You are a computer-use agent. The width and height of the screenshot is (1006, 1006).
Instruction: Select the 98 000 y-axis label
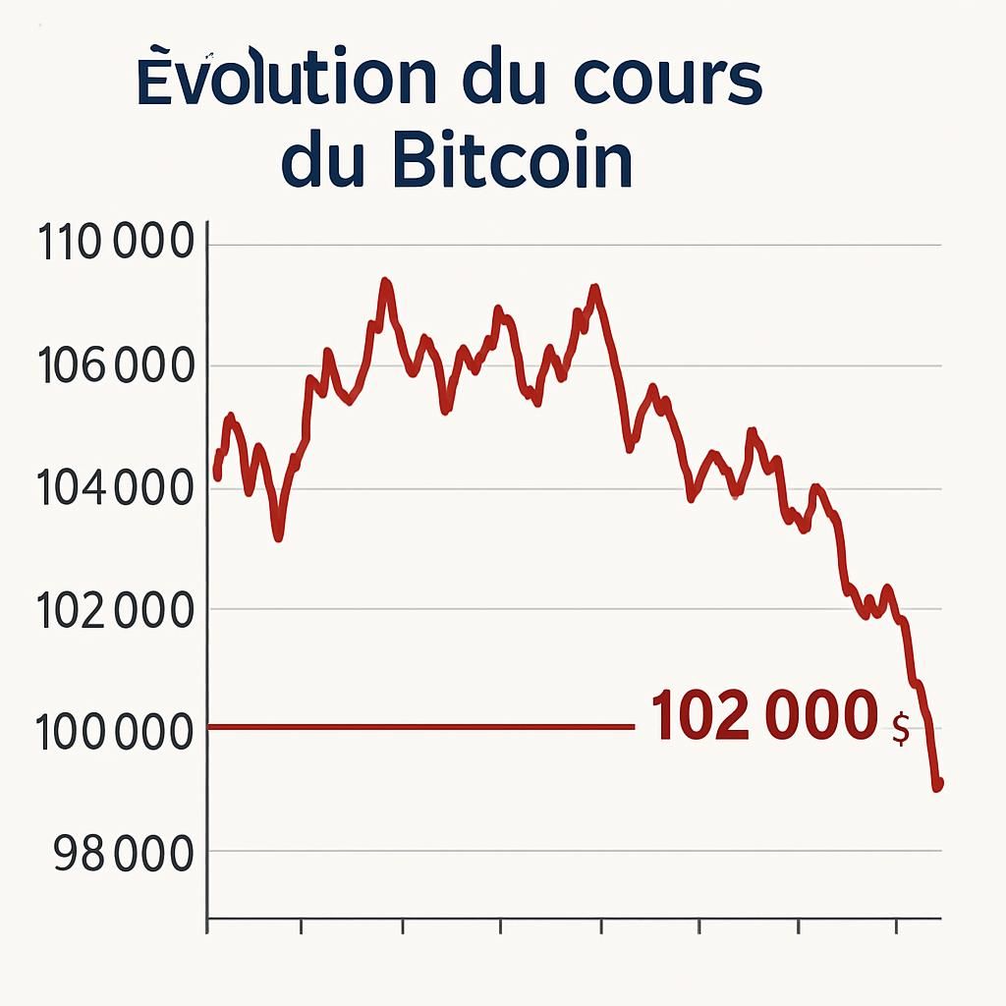[123, 855]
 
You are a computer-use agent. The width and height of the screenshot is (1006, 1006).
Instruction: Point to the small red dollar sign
[900, 730]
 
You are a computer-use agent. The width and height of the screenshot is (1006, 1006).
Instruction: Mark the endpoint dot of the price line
[937, 784]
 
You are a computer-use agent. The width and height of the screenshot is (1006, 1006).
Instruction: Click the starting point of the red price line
[217, 475]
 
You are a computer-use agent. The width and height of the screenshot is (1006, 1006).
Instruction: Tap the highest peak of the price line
[385, 282]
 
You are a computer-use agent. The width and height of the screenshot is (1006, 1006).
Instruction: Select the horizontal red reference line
[422, 727]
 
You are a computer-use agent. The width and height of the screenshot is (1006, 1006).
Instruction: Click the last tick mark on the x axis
[897, 925]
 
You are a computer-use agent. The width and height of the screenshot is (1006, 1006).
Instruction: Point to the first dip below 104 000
[279, 535]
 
